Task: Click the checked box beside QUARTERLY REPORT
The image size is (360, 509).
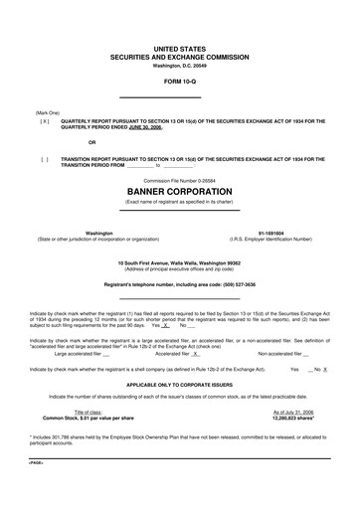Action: [x=45, y=121]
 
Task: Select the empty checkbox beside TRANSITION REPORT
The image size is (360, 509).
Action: [x=45, y=158]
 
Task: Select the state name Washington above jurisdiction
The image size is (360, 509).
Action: [x=72, y=233]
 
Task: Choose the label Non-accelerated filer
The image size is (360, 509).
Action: [x=282, y=353]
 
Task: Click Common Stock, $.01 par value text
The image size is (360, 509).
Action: [x=81, y=419]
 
